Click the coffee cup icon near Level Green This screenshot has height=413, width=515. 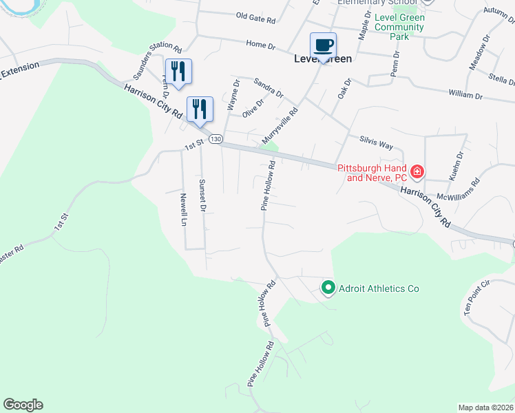(323, 45)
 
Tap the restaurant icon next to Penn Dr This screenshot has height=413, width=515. (178, 72)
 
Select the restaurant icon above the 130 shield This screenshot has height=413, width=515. (200, 109)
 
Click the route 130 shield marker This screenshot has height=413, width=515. (216, 139)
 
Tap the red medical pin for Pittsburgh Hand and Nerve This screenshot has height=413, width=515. (417, 171)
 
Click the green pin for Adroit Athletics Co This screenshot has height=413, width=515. (328, 288)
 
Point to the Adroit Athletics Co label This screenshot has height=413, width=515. (379, 289)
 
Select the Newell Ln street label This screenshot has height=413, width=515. (184, 209)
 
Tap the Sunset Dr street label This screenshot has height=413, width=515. (202, 195)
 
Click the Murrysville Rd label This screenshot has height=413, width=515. (280, 126)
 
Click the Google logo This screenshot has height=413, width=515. (23, 405)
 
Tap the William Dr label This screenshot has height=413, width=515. (465, 94)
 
